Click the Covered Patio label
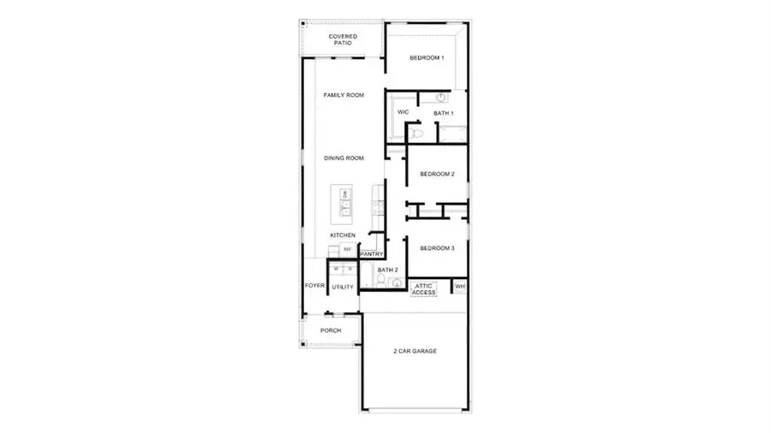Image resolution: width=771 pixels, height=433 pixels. (343, 40)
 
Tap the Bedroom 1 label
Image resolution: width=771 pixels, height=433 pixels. (427, 58)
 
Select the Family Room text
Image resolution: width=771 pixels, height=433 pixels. (344, 95)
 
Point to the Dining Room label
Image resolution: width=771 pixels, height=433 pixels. (344, 157)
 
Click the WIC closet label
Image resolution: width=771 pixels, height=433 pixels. (403, 112)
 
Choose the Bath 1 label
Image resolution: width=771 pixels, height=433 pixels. (443, 113)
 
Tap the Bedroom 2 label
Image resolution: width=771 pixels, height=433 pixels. (437, 175)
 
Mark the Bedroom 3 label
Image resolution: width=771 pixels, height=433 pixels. (437, 248)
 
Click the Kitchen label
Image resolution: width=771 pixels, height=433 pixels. (343, 234)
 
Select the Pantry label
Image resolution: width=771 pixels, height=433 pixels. (371, 254)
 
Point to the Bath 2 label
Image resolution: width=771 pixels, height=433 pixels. (387, 270)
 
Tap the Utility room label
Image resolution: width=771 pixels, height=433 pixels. (343, 287)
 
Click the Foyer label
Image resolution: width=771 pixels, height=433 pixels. (314, 286)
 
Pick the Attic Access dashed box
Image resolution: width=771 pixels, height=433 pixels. (424, 289)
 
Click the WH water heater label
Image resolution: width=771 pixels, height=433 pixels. (460, 287)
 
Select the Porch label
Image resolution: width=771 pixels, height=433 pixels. (331, 330)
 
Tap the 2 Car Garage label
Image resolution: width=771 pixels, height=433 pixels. (415, 351)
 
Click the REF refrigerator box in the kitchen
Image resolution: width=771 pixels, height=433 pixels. (347, 249)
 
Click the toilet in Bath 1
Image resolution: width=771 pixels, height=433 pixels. (417, 133)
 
